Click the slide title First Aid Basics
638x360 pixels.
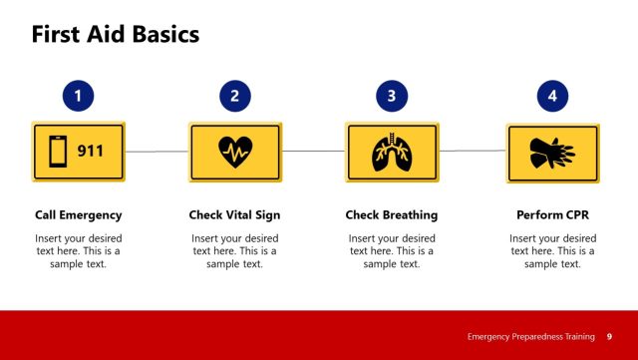tap(116, 34)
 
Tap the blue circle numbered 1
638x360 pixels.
tap(78, 97)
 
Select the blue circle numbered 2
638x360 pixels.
tap(234, 97)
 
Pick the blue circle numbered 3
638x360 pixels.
tap(392, 97)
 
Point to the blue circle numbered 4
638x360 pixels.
tap(552, 97)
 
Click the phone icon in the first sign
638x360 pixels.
tap(59, 153)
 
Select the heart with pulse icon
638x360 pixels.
tap(235, 153)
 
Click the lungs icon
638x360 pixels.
tap(392, 153)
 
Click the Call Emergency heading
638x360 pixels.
tap(78, 214)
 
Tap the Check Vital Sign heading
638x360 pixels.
tap(234, 214)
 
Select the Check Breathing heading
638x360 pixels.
tap(392, 214)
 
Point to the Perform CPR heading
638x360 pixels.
tap(552, 214)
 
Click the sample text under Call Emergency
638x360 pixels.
tap(78, 251)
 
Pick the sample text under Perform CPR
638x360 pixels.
tap(552, 251)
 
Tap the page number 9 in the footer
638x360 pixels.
tap(609, 337)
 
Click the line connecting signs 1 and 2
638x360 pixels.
tap(157, 152)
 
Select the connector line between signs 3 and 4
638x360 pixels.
tap(472, 152)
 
